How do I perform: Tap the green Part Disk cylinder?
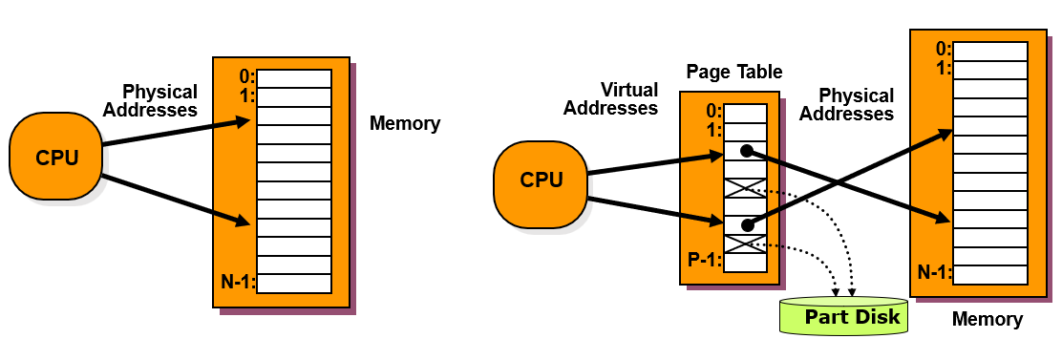pos(842,316)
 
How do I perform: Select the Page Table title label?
pos(734,72)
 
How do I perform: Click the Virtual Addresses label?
pos(610,98)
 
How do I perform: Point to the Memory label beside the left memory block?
pos(405,124)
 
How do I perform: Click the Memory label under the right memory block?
pos(988,319)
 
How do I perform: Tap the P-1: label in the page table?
pos(705,262)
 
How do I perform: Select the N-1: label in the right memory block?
pos(935,273)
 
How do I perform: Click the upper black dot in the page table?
pos(747,151)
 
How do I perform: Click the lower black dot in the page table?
pos(747,224)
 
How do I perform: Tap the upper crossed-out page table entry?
pos(745,189)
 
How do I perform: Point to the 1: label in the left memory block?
pos(247,96)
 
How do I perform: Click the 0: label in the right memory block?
pos(945,50)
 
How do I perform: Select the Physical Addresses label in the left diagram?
pos(159,100)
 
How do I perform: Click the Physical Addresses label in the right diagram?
pos(846,104)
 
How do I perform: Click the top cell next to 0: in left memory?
pos(294,78)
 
